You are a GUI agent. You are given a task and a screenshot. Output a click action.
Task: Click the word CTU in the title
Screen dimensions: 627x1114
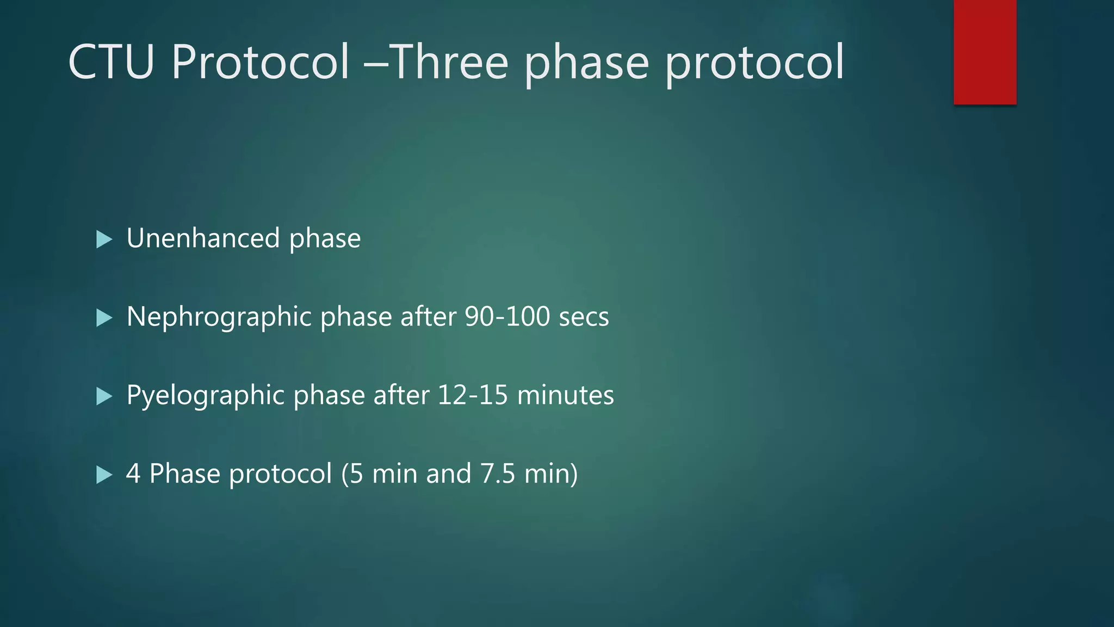click(x=111, y=62)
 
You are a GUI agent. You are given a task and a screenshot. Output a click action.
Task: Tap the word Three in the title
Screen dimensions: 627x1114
click(x=449, y=62)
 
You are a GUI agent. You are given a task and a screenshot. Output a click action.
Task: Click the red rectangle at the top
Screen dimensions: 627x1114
click(x=985, y=52)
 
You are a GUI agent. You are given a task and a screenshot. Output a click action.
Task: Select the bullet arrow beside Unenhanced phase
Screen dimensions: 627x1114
click(x=103, y=239)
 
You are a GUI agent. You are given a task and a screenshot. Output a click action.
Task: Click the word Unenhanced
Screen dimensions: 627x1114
click(x=203, y=238)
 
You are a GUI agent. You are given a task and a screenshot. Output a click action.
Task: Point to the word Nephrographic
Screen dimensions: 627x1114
click(x=219, y=317)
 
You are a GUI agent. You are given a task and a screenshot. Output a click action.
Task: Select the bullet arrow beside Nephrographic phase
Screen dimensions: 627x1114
click(x=103, y=317)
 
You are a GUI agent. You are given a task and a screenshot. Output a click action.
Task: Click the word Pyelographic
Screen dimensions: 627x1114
click(x=206, y=396)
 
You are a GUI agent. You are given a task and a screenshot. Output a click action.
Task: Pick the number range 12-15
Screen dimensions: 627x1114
click(x=472, y=395)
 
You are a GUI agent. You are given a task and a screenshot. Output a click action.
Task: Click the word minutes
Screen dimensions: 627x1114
click(x=565, y=395)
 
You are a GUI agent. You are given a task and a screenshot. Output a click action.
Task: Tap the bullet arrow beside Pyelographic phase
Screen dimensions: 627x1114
click(x=103, y=396)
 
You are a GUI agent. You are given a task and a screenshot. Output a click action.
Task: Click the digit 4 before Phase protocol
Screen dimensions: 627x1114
click(x=133, y=474)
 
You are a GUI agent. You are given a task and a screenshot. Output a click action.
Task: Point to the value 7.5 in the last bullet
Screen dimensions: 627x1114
click(x=497, y=474)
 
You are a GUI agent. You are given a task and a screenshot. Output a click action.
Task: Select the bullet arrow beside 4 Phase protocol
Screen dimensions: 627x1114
click(x=103, y=474)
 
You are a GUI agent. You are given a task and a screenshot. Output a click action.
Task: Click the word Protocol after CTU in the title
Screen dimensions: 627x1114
click(x=260, y=62)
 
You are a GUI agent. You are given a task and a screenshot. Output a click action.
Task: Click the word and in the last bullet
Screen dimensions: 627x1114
click(x=448, y=474)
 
